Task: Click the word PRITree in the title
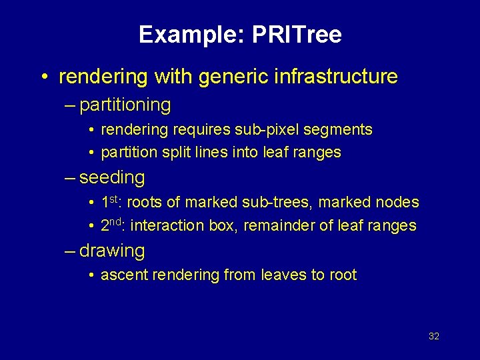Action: click(297, 35)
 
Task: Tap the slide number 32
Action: click(434, 336)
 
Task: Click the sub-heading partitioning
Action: click(125, 105)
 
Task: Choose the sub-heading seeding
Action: click(111, 177)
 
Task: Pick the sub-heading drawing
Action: click(111, 251)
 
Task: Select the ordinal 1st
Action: click(113, 201)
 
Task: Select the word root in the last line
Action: click(343, 275)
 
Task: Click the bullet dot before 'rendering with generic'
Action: click(43, 77)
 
